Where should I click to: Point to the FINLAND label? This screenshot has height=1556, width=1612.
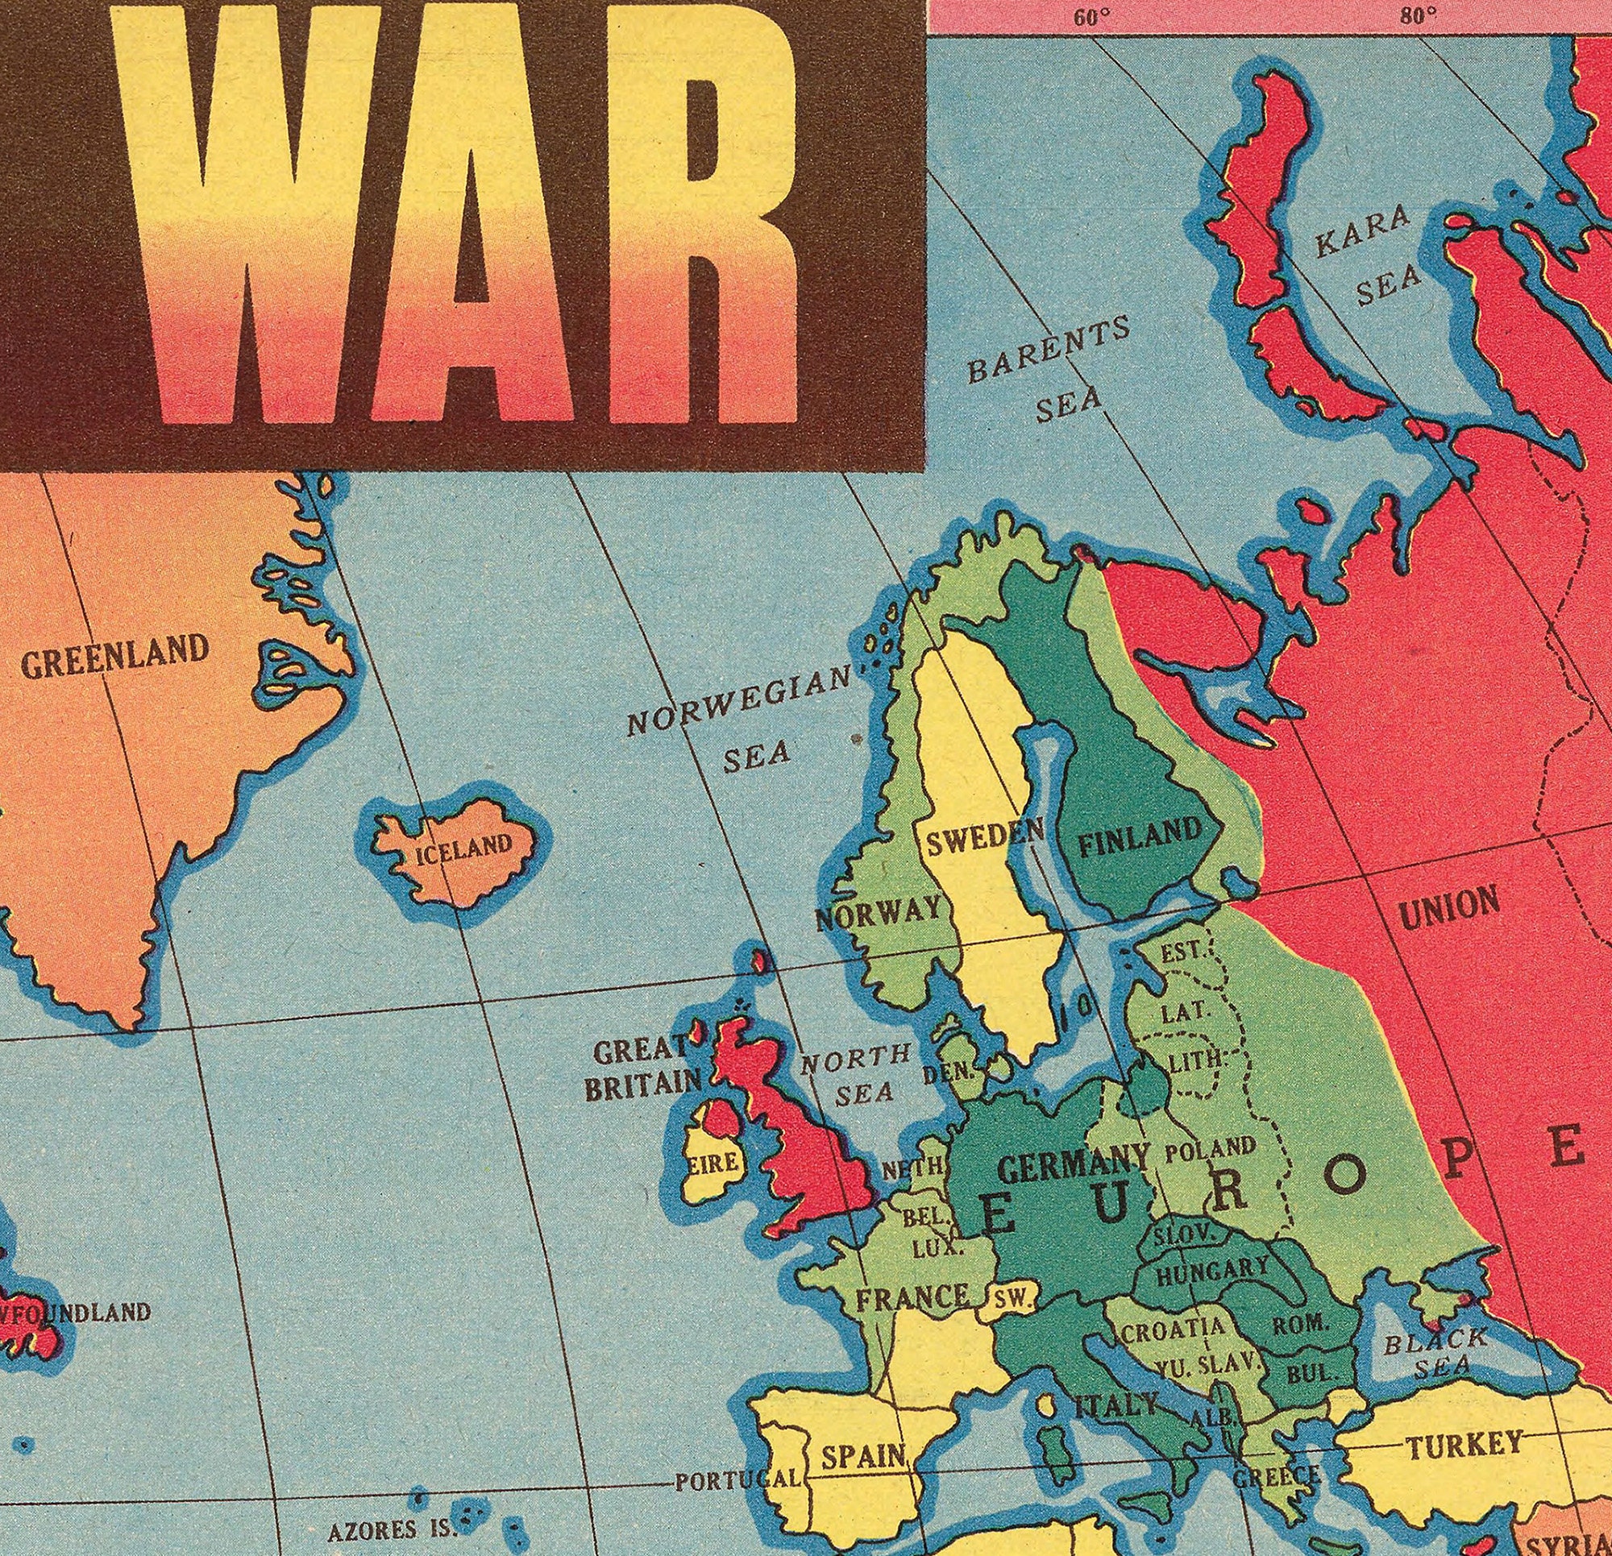coord(1139,840)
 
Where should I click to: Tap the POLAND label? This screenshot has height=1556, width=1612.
coord(1211,1148)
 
